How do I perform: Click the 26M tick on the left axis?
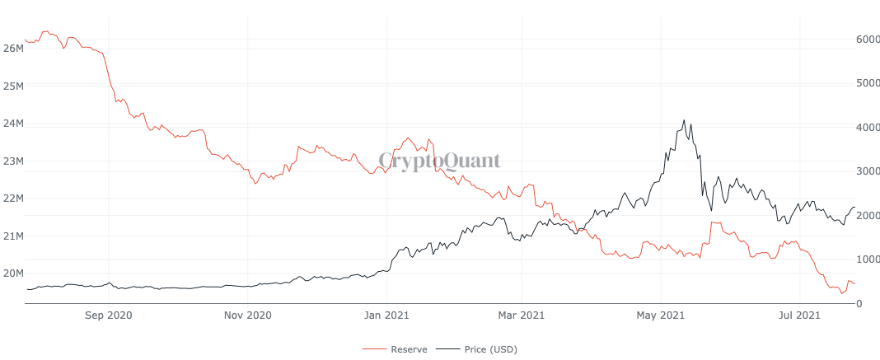point(12,49)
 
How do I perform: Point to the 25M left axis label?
point(12,86)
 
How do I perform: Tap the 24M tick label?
point(12,124)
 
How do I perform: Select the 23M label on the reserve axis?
point(12,161)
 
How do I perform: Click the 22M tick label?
point(12,199)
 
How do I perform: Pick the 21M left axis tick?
point(12,236)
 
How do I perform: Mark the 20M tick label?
point(12,274)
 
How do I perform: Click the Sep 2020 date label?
point(109,315)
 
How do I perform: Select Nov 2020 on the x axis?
point(247,315)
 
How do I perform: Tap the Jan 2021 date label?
point(385,315)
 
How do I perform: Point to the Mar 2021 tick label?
point(522,315)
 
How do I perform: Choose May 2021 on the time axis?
point(660,315)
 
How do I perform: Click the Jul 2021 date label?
point(798,315)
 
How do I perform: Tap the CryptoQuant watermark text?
point(439,161)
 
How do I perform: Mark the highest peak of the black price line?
point(684,120)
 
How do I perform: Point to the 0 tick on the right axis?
point(859,304)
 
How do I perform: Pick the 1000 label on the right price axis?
point(868,259)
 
